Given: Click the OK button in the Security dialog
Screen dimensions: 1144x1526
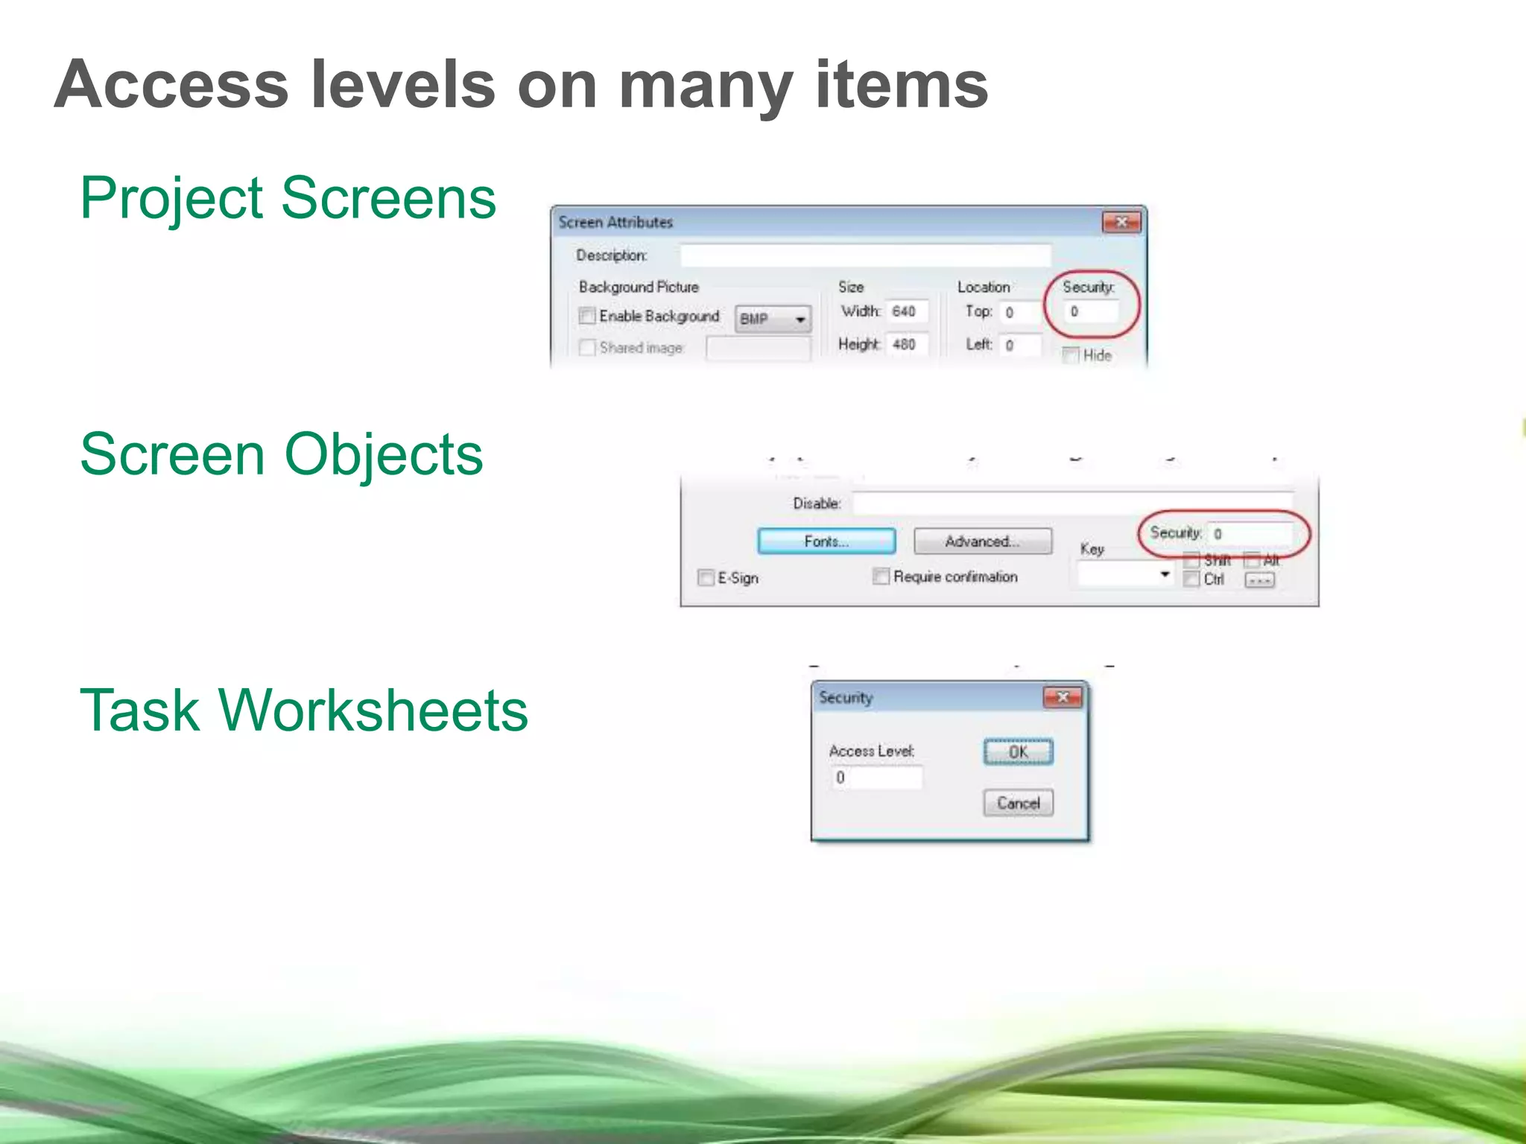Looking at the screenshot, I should (x=1018, y=751).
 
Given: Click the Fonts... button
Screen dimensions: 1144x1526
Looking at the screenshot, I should (x=826, y=541).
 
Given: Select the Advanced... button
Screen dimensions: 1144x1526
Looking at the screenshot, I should (x=982, y=541).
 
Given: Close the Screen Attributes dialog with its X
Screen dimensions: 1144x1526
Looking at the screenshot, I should (x=1121, y=222).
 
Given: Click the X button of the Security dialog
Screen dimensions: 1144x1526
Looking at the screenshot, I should (x=1063, y=697).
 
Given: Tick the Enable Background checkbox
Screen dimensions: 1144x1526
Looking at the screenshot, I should (x=587, y=316).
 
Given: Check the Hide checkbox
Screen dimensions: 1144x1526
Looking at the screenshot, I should (x=1071, y=355).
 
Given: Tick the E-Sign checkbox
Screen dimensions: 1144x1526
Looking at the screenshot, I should (x=706, y=578).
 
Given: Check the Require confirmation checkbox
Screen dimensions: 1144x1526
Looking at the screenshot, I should (x=881, y=576).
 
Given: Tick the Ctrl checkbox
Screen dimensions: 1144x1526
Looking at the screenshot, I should (x=1191, y=579).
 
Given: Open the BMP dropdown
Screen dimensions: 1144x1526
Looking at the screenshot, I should (x=773, y=319).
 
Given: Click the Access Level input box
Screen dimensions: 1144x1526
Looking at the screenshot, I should (x=876, y=778).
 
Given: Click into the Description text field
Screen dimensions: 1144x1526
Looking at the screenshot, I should (x=864, y=255).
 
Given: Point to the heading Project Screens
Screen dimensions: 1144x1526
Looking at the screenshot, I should (x=288, y=198).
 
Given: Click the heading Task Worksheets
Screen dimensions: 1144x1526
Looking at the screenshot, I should (x=303, y=711).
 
